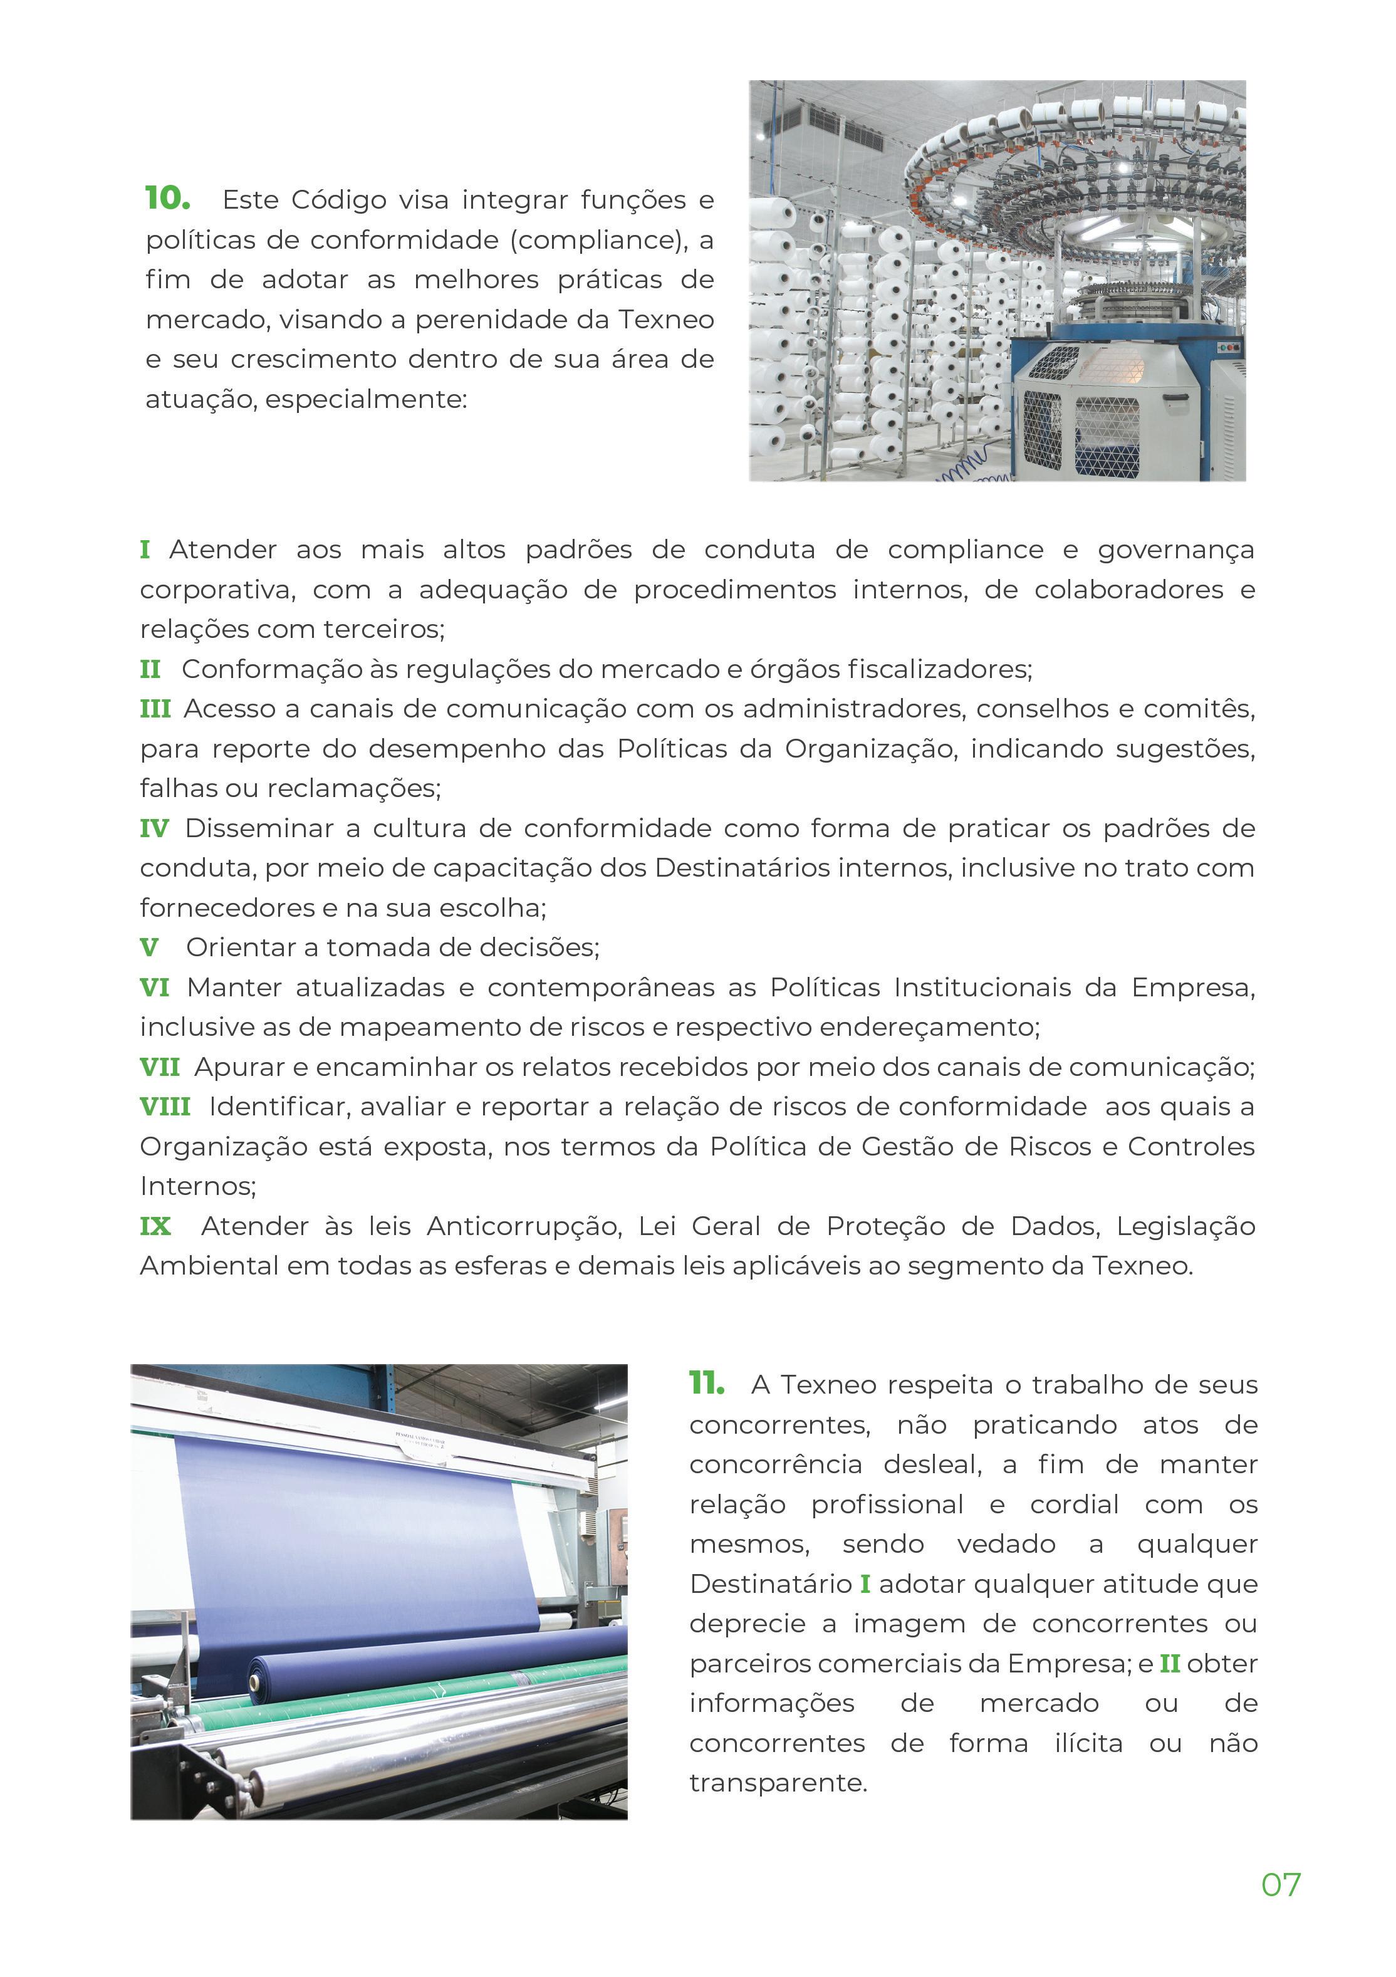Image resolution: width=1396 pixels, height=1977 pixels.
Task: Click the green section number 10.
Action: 167,198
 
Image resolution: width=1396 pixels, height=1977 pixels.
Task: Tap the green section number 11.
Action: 706,1384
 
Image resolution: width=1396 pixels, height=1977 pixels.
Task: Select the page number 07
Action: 1281,1885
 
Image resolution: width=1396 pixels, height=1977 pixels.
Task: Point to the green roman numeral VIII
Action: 165,1107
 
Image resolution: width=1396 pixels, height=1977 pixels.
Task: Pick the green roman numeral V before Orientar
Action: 149,948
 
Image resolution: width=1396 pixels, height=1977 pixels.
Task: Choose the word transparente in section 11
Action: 778,1782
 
